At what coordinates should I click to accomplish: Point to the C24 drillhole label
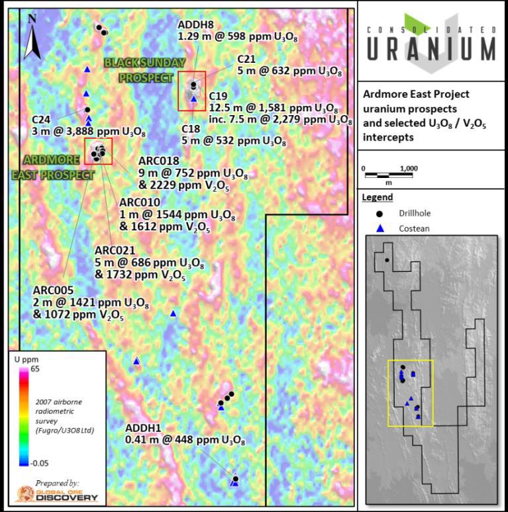point(41,119)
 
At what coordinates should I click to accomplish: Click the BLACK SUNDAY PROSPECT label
point(145,69)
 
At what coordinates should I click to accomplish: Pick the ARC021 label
point(115,250)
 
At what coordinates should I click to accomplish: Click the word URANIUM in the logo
point(431,48)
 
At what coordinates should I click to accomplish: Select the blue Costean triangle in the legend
point(380,228)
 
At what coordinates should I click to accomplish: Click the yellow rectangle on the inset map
point(410,394)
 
